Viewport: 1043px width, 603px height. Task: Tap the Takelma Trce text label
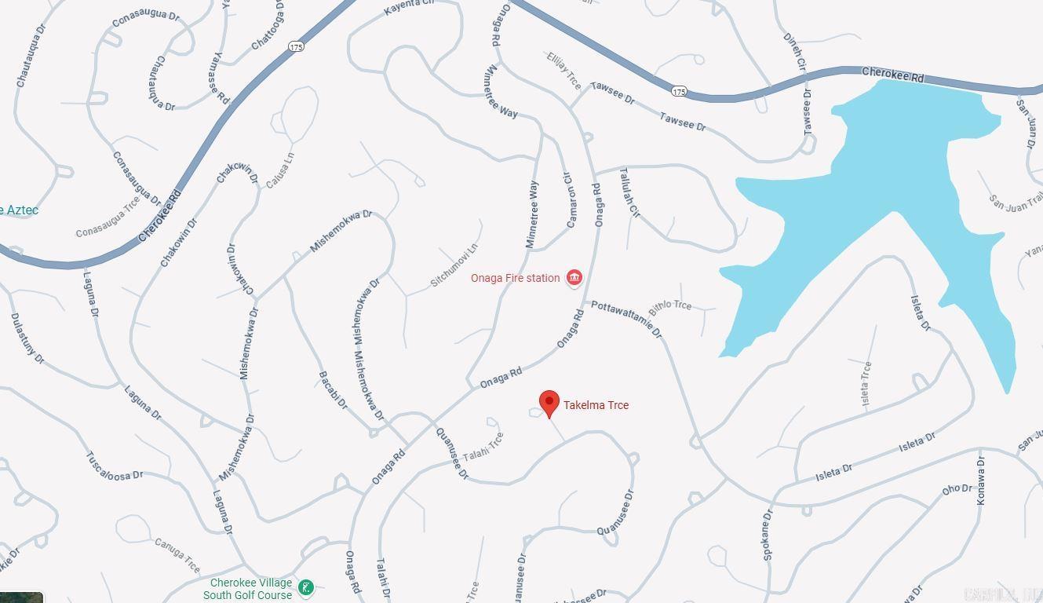tap(596, 405)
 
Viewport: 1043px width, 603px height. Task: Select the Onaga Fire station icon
tap(574, 278)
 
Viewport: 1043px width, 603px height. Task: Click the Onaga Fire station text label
tap(516, 278)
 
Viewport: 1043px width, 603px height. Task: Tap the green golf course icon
tap(306, 587)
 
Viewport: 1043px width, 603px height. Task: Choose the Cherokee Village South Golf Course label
tap(248, 589)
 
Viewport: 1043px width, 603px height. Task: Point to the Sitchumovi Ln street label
tap(454, 265)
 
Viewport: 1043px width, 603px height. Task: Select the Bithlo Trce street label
tap(669, 307)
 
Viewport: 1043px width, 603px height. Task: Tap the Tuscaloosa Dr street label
tap(114, 466)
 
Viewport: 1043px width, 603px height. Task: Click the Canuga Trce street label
tap(177, 554)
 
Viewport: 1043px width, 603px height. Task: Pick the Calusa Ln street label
tap(280, 170)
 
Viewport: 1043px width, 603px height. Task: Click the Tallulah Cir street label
tap(630, 192)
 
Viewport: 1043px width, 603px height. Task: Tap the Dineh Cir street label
tap(794, 52)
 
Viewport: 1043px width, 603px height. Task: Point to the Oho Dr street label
tap(957, 489)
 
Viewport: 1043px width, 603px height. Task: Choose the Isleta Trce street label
tap(866, 383)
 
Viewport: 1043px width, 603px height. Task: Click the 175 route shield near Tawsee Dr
tap(680, 91)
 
